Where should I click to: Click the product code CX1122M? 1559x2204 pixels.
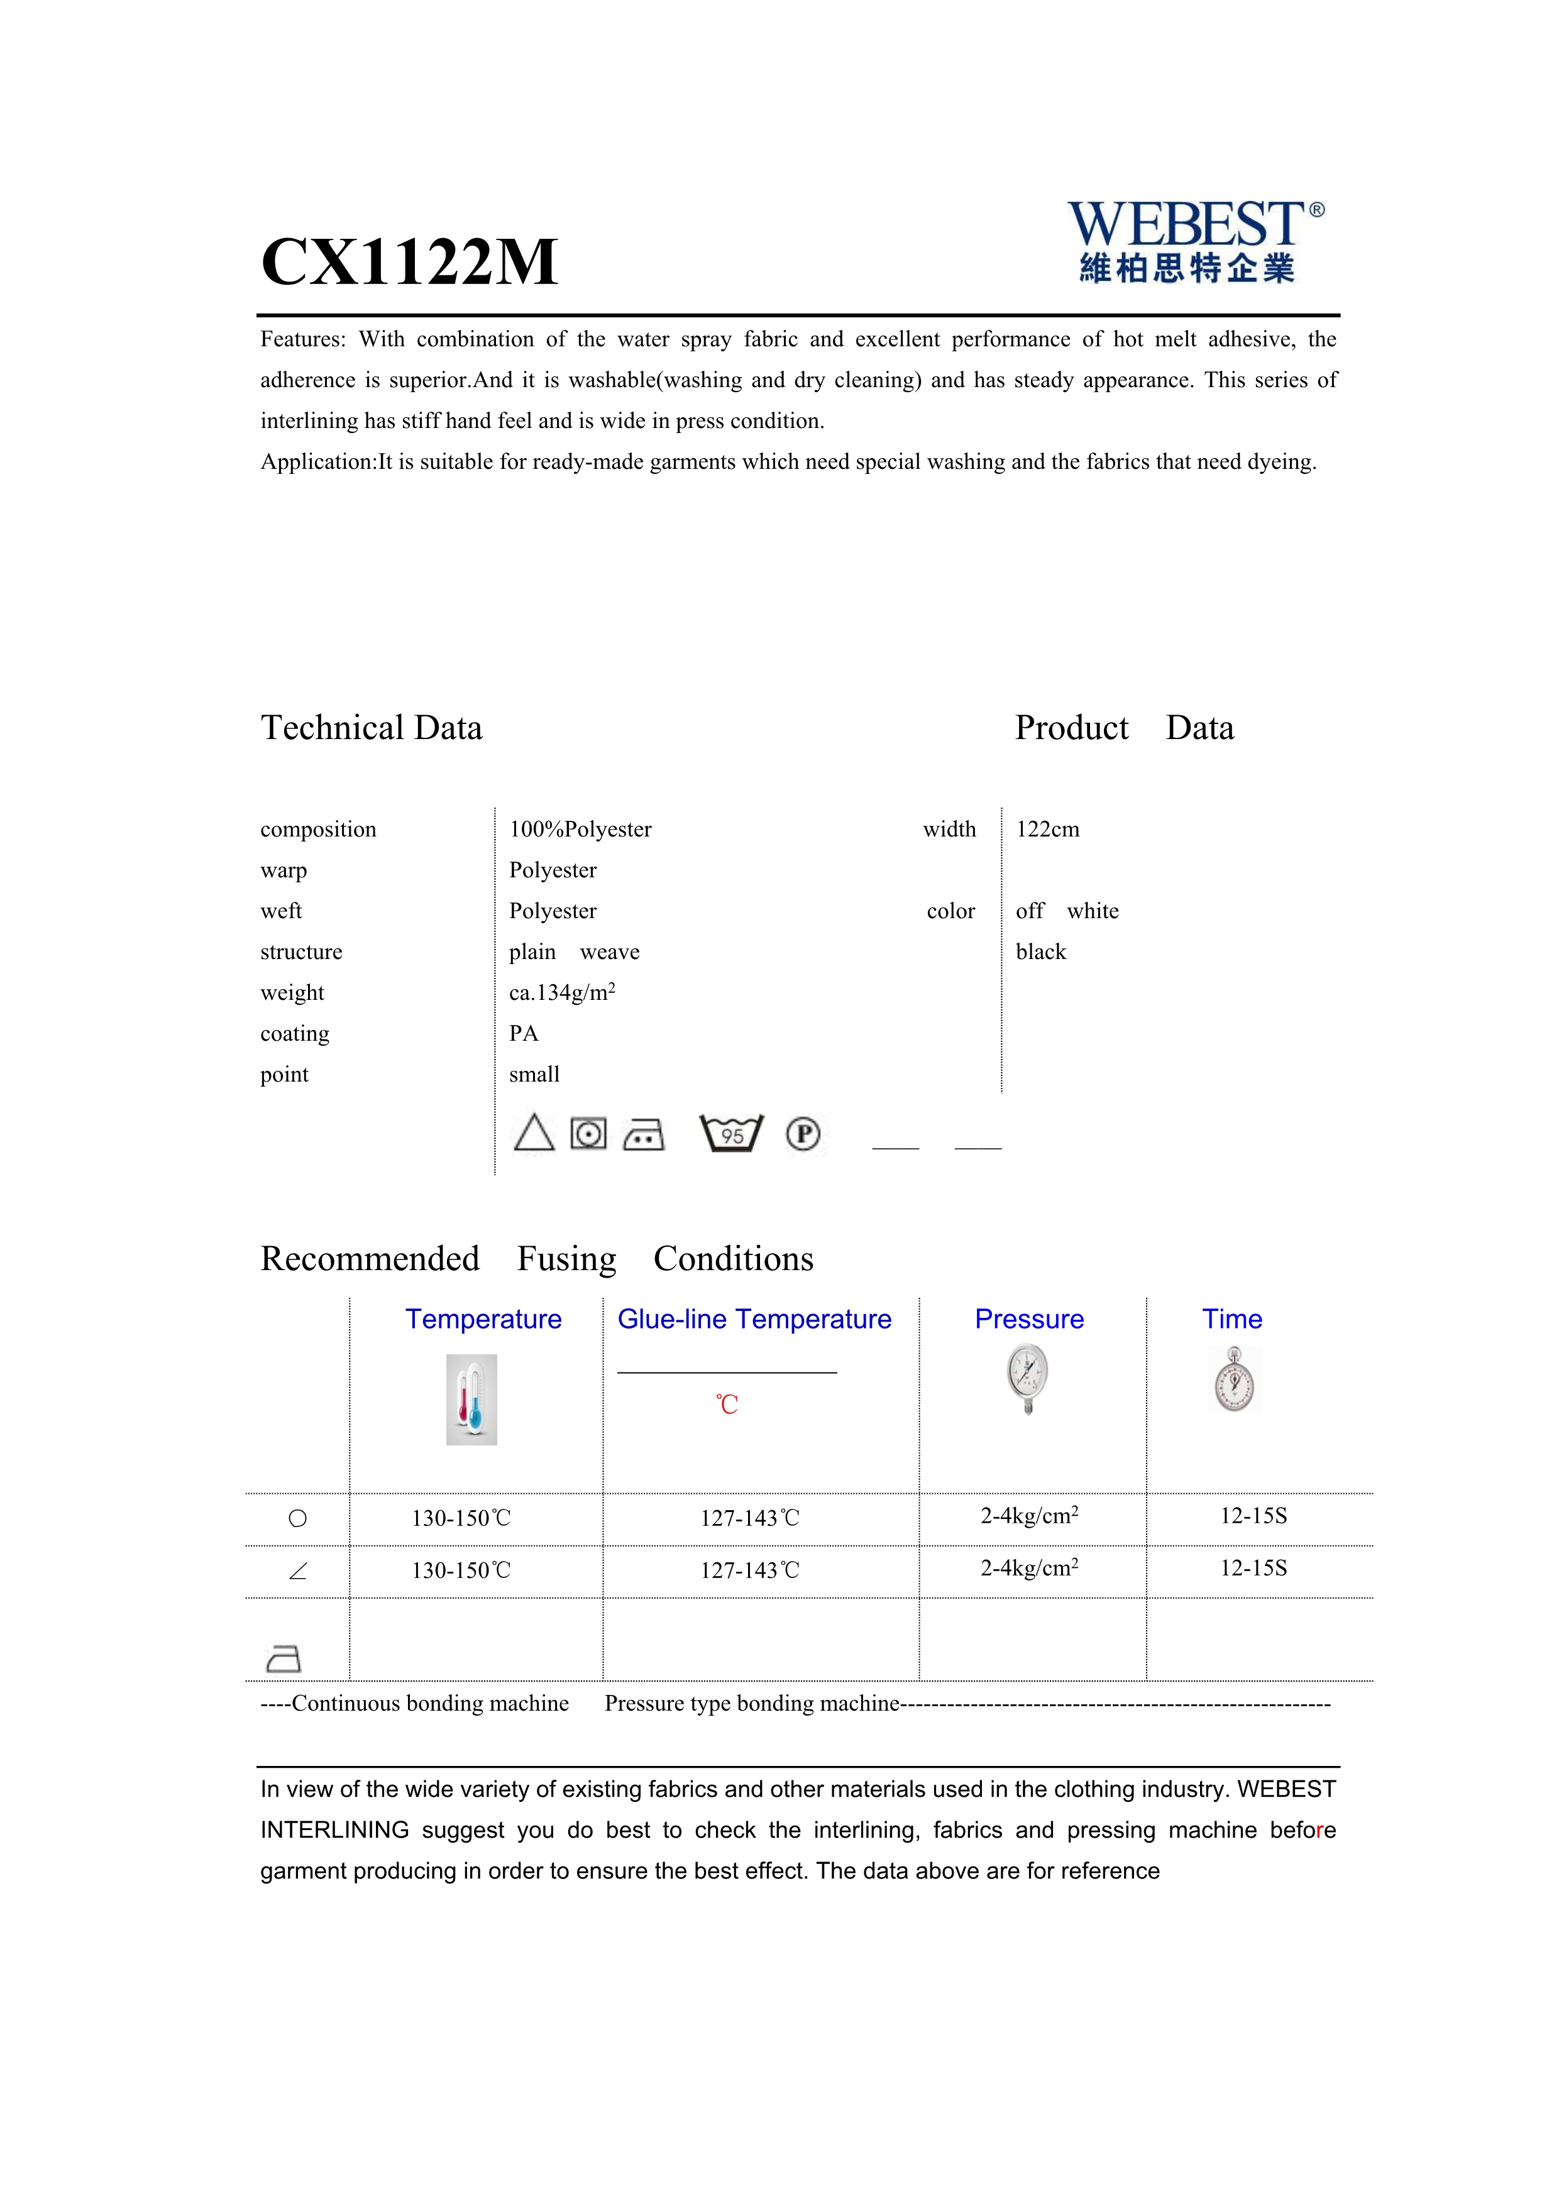point(409,262)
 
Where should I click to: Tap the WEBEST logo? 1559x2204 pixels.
point(1194,241)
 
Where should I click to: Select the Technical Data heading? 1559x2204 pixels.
point(372,728)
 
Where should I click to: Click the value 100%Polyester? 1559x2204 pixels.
point(580,830)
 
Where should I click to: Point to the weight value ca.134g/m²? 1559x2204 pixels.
point(561,992)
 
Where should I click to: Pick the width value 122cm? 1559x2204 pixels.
point(1047,830)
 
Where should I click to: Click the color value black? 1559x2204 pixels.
point(1040,952)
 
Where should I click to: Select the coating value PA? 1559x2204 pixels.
point(524,1034)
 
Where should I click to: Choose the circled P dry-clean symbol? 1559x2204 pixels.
point(803,1134)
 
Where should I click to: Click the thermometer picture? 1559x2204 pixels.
point(471,1400)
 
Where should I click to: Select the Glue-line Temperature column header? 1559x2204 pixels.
point(754,1319)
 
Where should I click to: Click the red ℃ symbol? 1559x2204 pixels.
point(727,1405)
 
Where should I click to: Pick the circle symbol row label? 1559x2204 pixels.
point(297,1518)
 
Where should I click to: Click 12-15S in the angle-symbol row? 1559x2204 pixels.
point(1253,1569)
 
